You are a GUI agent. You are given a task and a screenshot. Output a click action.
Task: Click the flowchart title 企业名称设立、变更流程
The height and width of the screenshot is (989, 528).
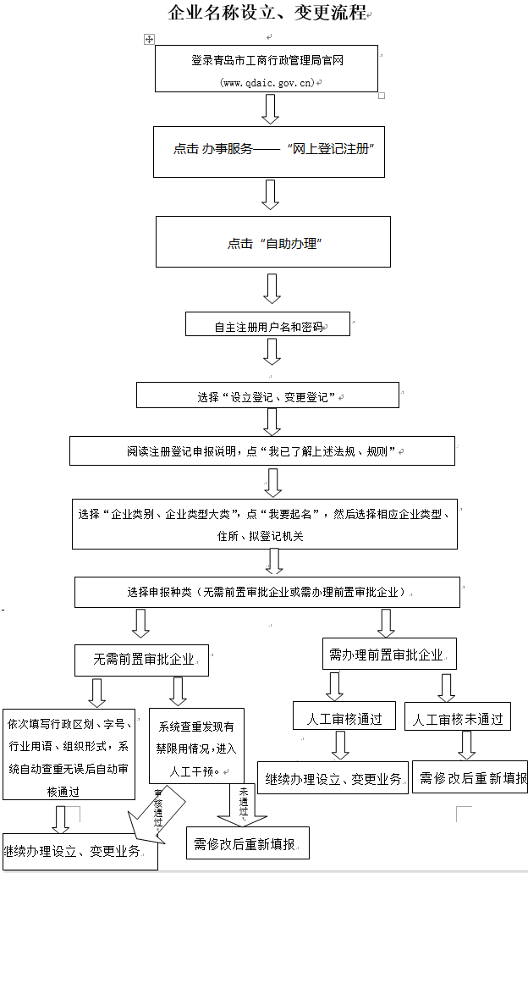coord(267,14)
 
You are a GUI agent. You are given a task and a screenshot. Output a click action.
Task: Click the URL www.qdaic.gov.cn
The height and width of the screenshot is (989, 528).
coord(267,82)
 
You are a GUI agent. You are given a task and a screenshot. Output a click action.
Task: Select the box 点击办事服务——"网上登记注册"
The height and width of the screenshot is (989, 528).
coord(269,149)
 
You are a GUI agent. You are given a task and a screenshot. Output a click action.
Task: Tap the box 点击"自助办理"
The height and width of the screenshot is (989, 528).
coord(272,243)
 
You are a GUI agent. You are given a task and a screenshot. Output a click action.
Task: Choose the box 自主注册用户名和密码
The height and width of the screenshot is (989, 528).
coord(267,325)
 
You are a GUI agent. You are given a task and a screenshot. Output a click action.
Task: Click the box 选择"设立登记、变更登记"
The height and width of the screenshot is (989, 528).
coord(267,395)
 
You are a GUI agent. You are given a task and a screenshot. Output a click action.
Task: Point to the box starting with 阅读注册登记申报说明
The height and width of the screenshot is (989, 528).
coord(262,451)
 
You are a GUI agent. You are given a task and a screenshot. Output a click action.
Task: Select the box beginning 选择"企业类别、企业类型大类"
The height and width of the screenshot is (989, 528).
coord(264,524)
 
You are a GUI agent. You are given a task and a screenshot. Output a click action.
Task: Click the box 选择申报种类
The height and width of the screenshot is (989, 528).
coord(267,592)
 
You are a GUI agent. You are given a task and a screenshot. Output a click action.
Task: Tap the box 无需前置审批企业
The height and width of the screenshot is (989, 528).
coord(140,658)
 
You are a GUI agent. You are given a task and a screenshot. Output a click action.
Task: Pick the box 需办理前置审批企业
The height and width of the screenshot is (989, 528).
coord(389,655)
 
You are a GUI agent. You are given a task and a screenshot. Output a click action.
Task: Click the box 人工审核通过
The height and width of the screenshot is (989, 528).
coord(343,718)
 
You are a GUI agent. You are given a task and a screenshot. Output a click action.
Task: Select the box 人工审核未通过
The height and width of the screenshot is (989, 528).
coord(458,718)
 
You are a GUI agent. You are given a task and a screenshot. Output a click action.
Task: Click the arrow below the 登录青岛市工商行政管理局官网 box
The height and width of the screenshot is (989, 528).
coord(270,108)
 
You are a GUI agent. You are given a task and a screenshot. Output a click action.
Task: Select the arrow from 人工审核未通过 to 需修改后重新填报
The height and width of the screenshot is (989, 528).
coord(465,744)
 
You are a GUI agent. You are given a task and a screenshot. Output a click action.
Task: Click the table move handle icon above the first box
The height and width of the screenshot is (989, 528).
coord(149,39)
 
